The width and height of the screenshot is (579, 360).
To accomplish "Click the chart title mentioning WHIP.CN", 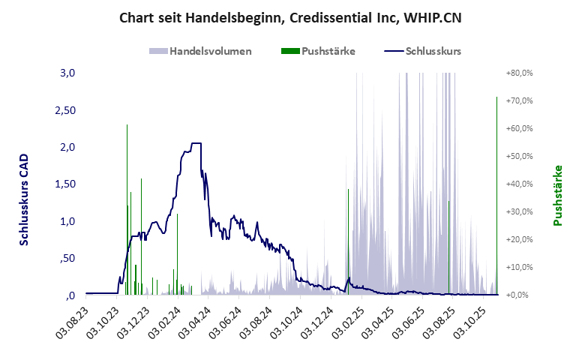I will (289, 17).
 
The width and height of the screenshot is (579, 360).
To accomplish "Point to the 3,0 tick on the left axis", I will (68, 73).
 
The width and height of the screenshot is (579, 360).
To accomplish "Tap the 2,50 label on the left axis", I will (66, 110).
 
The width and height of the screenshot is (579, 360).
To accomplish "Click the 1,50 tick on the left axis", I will (66, 184).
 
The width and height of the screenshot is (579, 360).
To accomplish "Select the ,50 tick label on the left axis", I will (68, 258).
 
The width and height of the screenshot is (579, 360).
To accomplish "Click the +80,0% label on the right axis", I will (519, 73).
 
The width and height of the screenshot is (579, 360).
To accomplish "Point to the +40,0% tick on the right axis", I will (519, 184).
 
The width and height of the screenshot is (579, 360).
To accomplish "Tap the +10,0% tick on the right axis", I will (519, 267).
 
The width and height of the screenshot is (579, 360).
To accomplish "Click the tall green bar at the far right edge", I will (496, 195).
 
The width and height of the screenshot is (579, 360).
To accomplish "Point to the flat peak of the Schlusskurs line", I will (196, 143).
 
